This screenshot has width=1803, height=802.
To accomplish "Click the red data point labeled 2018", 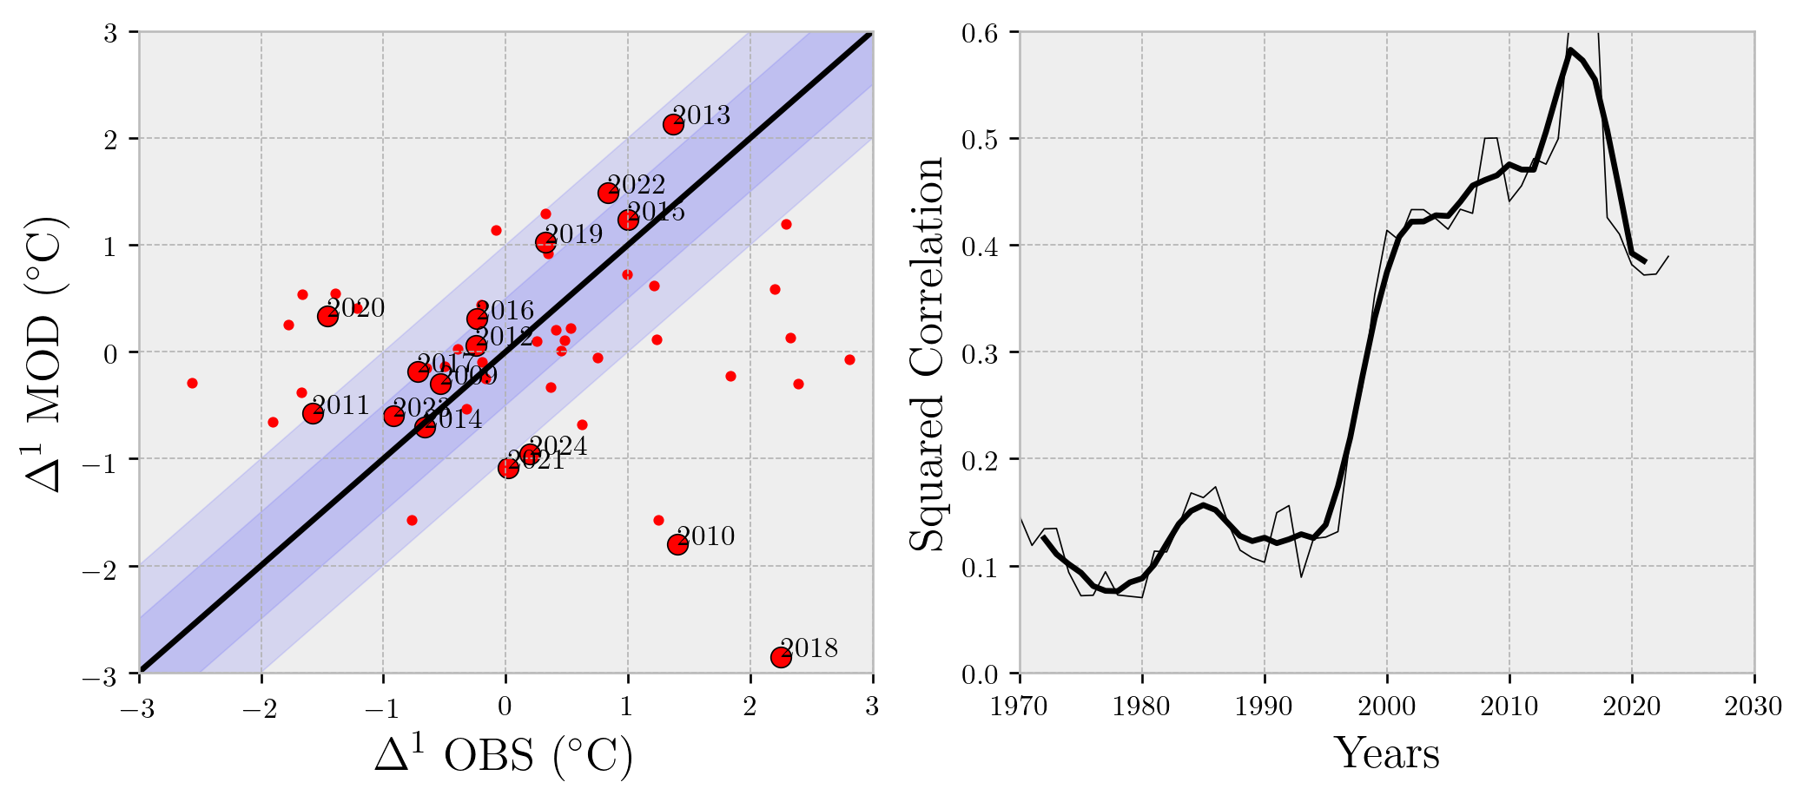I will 781,657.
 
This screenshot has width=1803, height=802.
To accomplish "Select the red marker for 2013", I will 673,124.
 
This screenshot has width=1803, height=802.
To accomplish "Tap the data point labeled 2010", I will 677,544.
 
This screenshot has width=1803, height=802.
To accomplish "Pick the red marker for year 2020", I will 327,316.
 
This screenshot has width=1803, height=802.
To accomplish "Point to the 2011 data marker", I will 313,413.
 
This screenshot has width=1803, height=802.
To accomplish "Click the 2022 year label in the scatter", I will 636,185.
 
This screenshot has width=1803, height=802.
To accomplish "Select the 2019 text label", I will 574,233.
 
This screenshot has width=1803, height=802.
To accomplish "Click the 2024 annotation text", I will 558,446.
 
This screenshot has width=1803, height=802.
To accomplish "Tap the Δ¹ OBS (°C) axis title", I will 504,755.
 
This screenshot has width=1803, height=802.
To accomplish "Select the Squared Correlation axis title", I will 927,353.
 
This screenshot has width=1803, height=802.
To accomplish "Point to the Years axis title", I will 1386,753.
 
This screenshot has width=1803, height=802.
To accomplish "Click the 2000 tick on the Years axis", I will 1386,707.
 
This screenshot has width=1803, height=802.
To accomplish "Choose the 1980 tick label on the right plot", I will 1141,707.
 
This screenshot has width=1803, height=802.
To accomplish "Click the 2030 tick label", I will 1753,707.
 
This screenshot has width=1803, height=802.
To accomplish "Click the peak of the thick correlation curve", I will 1570,50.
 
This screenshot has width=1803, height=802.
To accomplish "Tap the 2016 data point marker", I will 476,319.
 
